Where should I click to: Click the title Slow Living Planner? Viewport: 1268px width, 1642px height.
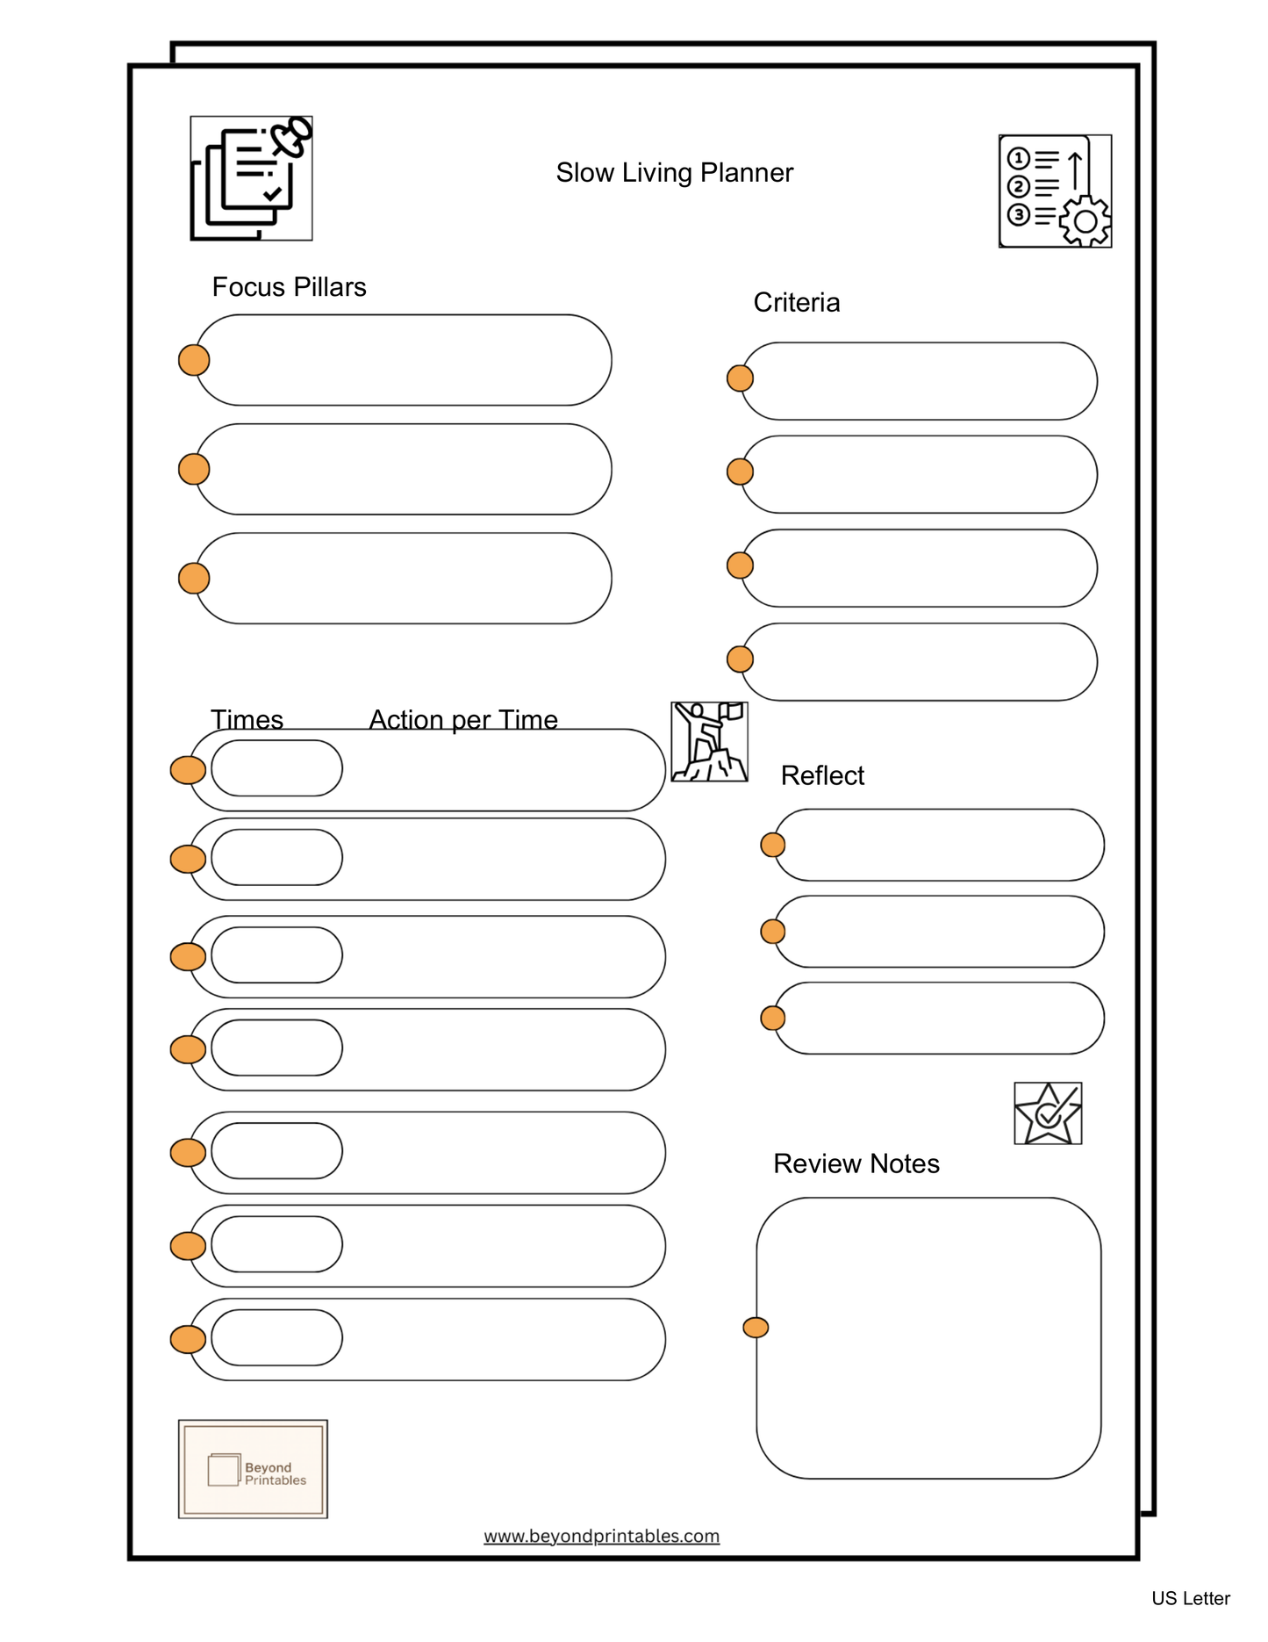pyautogui.click(x=674, y=173)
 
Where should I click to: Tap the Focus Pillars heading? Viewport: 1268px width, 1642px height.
pyautogui.click(x=289, y=287)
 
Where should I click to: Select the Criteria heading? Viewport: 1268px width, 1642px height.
pyautogui.click(x=796, y=303)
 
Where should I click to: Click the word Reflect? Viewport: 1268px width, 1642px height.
pyautogui.click(x=821, y=775)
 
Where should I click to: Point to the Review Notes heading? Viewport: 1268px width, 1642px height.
pyautogui.click(x=856, y=1163)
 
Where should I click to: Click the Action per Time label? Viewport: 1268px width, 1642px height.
pyautogui.click(x=462, y=719)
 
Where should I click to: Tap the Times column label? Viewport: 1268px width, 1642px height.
pyautogui.click(x=247, y=719)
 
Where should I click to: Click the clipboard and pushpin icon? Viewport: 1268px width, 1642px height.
pyautogui.click(x=251, y=178)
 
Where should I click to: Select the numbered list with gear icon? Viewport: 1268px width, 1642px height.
pyautogui.click(x=1054, y=191)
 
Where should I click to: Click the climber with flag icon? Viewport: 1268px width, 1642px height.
pyautogui.click(x=709, y=742)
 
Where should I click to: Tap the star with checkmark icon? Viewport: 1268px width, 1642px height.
pyautogui.click(x=1047, y=1113)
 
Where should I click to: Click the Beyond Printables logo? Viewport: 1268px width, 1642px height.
pyautogui.click(x=253, y=1468)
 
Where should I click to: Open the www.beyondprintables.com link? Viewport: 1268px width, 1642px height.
pyautogui.click(x=601, y=1536)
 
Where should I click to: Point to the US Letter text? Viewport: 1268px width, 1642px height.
pyautogui.click(x=1190, y=1598)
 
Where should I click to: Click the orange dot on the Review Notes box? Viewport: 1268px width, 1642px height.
pyautogui.click(x=756, y=1328)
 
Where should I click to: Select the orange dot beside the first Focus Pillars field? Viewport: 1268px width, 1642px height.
pyautogui.click(x=194, y=360)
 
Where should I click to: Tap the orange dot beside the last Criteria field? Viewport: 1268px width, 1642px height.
pyautogui.click(x=740, y=659)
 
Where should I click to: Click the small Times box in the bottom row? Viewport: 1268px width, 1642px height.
pyautogui.click(x=276, y=1337)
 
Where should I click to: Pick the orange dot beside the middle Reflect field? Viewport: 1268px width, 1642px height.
pyautogui.click(x=772, y=931)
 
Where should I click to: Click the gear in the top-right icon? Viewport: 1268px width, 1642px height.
pyautogui.click(x=1085, y=221)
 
